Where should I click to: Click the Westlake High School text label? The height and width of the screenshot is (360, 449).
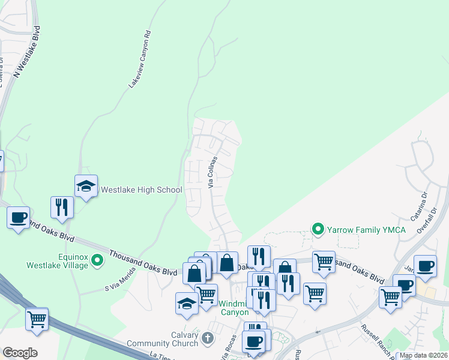click(141, 190)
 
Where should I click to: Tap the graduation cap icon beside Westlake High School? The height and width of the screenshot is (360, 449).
click(86, 187)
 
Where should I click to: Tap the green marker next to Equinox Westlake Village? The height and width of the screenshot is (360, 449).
click(95, 260)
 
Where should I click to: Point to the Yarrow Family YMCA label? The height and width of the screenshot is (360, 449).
click(366, 229)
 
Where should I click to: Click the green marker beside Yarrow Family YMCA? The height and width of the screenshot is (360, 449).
click(317, 229)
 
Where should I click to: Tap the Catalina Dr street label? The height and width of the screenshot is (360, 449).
click(418, 206)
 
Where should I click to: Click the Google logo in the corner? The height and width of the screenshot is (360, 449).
click(20, 353)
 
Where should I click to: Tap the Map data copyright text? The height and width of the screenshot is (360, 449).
click(423, 355)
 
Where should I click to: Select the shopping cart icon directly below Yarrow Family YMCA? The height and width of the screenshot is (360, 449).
click(324, 262)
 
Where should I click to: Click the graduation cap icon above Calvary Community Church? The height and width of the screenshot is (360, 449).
click(187, 304)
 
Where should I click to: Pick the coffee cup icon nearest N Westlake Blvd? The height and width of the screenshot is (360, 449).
click(18, 217)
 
